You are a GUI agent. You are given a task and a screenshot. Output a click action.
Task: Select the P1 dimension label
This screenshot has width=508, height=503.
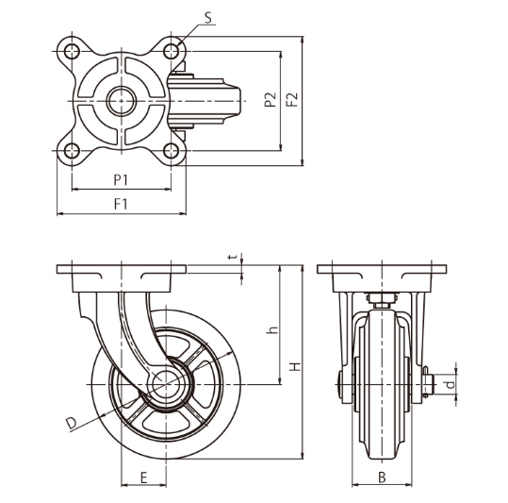(x=121, y=177)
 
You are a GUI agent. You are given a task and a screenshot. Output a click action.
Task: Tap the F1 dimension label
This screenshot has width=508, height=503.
(x=121, y=203)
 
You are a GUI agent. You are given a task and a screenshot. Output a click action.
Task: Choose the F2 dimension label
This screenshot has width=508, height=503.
(x=292, y=99)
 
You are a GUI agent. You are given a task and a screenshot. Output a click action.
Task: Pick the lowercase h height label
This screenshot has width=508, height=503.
(x=271, y=330)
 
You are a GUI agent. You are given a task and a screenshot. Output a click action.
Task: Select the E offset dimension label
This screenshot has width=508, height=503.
(x=143, y=478)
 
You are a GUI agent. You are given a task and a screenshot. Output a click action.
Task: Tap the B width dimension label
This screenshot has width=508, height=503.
(x=382, y=478)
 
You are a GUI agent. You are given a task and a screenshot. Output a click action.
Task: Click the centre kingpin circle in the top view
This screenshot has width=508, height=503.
(x=121, y=100)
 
